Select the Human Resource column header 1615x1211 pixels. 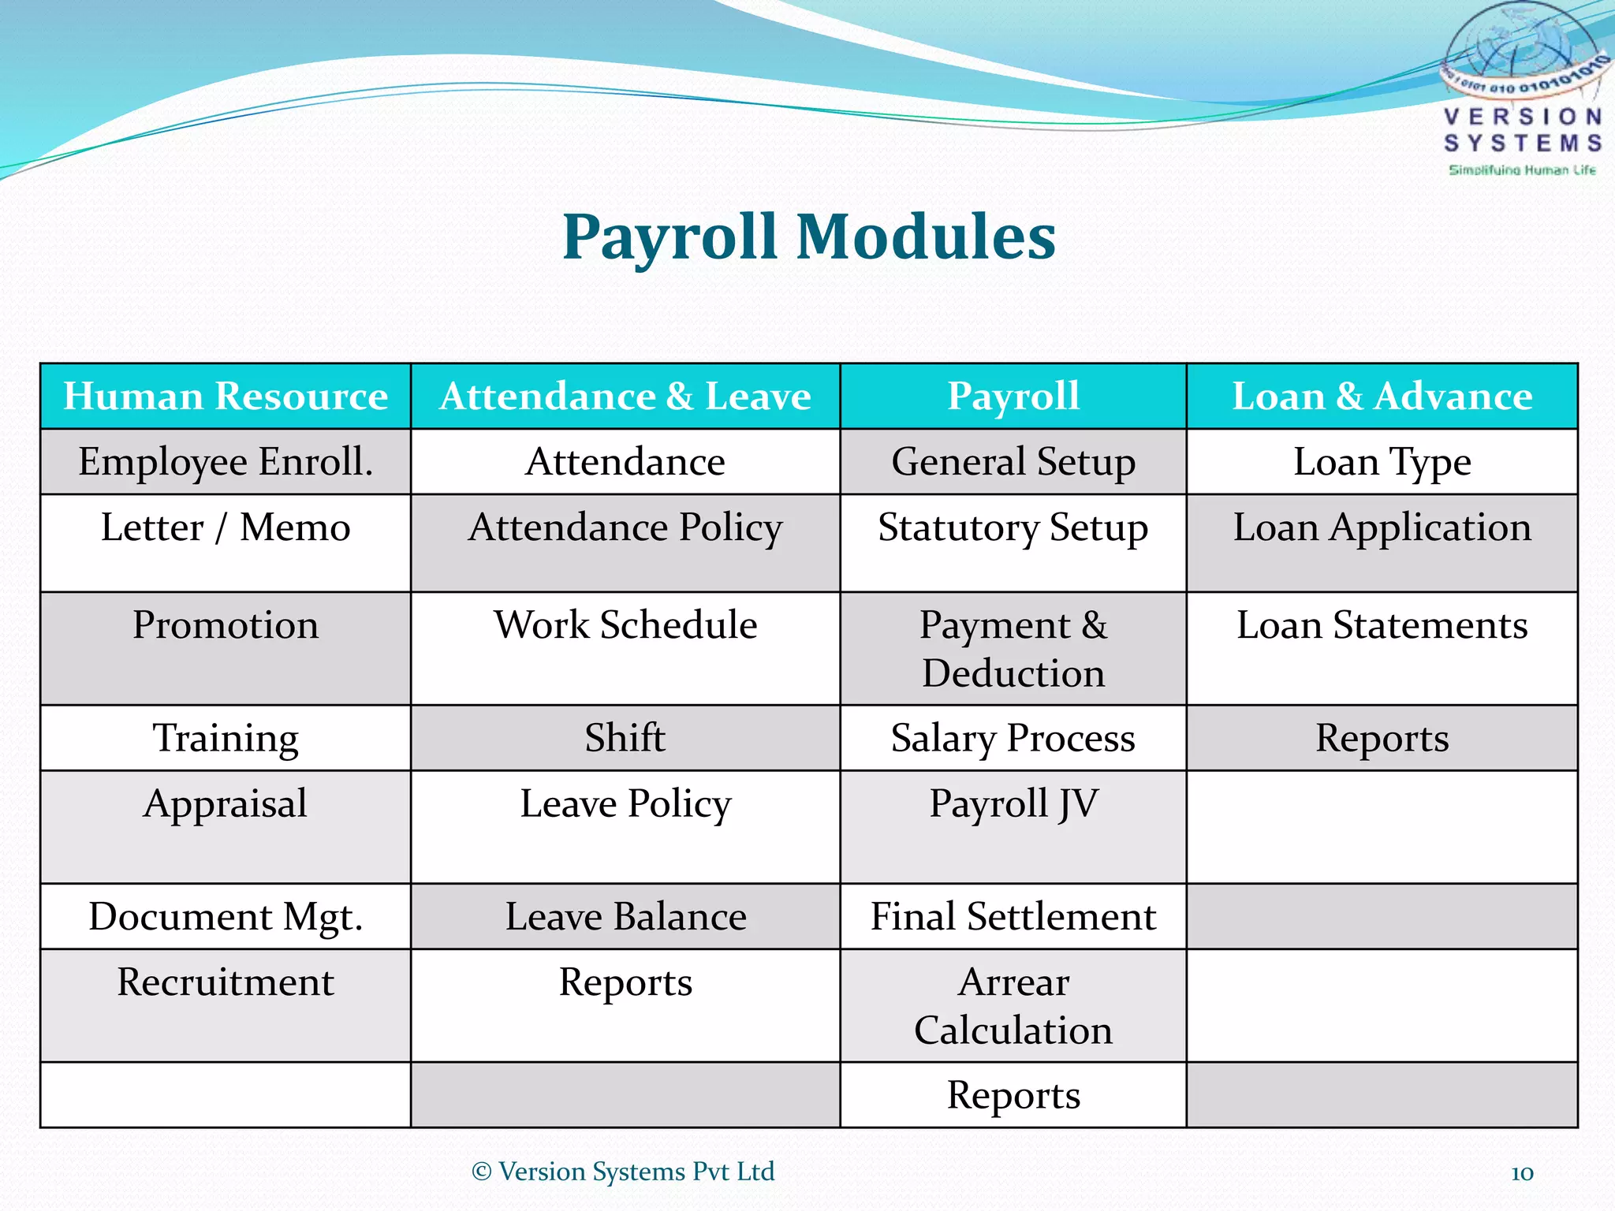(226, 396)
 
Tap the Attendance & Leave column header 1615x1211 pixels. (625, 396)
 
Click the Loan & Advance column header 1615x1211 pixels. (1382, 396)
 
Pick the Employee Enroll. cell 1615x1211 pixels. (226, 462)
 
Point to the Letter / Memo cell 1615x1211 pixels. (226, 527)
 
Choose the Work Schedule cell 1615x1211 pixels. (625, 625)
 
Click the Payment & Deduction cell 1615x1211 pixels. (1013, 649)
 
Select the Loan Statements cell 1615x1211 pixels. (1382, 625)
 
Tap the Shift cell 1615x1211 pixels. (625, 738)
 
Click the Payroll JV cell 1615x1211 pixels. (1013, 804)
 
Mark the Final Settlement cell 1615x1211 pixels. (1013, 917)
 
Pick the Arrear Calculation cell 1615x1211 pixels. (1013, 1006)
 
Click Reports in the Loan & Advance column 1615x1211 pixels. (1382, 738)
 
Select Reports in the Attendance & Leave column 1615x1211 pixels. (625, 982)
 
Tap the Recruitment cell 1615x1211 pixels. (226, 982)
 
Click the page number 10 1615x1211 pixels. (1522, 1172)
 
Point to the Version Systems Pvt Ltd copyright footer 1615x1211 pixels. (623, 1172)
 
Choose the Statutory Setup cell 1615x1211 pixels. (1013, 527)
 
